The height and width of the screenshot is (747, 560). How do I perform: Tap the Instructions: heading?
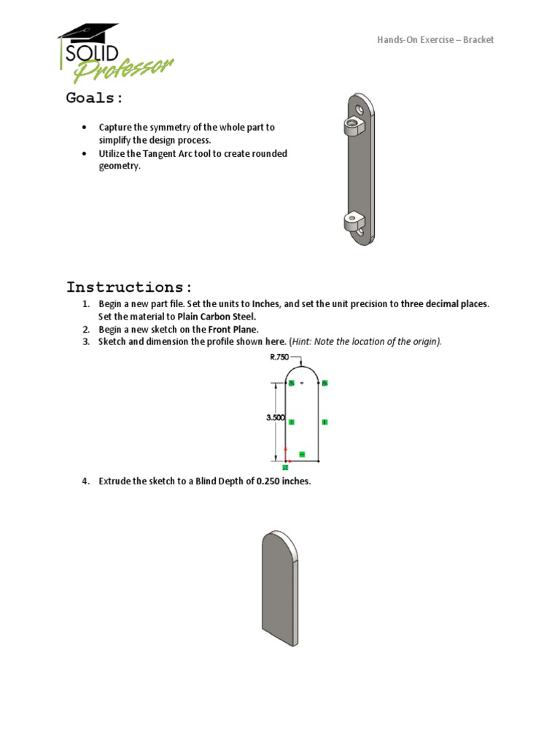tap(129, 286)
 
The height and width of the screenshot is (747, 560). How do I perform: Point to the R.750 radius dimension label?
tap(280, 357)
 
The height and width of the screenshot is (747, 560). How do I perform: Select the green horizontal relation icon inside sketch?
tap(302, 454)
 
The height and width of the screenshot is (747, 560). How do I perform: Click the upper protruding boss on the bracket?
tap(354, 128)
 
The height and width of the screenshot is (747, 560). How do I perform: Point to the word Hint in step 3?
tap(303, 341)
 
